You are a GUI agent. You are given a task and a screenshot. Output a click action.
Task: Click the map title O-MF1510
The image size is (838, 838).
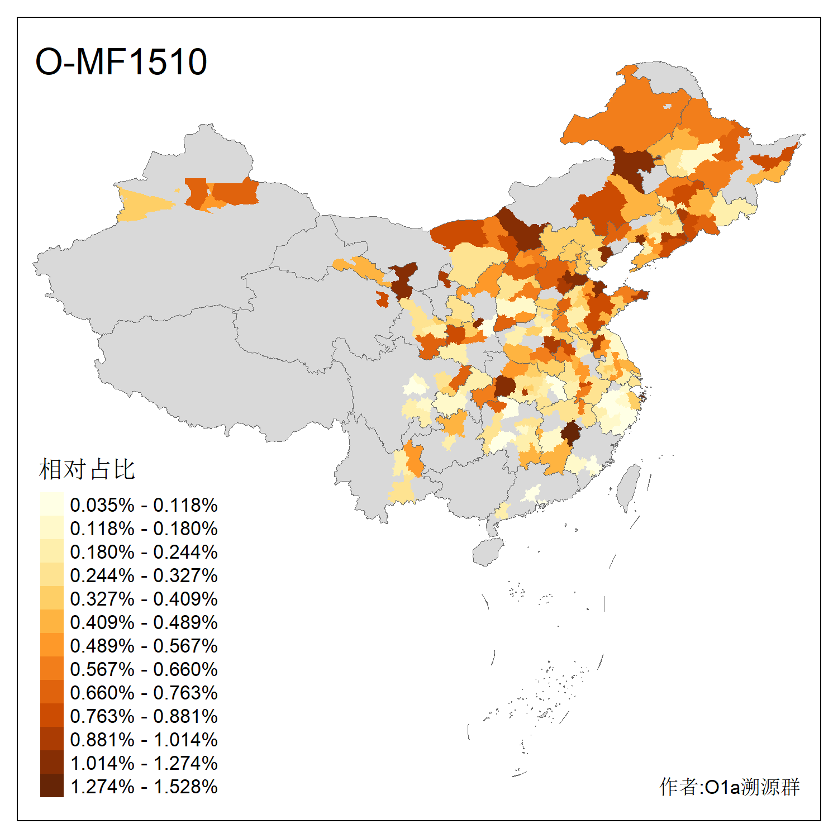pyautogui.click(x=121, y=61)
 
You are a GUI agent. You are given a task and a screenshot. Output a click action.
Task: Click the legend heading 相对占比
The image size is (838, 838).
pyautogui.click(x=87, y=469)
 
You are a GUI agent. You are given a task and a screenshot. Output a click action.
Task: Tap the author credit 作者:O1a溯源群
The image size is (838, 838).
pyautogui.click(x=730, y=787)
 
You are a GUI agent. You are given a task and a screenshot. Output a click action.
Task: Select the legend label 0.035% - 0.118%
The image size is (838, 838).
pyautogui.click(x=144, y=505)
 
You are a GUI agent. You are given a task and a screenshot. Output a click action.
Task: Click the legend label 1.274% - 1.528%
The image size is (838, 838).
pyautogui.click(x=144, y=787)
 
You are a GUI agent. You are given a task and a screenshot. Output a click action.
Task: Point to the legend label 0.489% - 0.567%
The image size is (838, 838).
pyautogui.click(x=144, y=646)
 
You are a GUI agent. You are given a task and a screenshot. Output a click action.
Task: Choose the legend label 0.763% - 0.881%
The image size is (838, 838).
pyautogui.click(x=144, y=716)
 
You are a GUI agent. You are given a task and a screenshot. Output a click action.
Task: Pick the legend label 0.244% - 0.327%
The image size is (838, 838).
pyautogui.click(x=144, y=575)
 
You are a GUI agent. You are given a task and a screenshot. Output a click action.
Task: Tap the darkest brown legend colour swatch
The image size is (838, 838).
pyautogui.click(x=51, y=785)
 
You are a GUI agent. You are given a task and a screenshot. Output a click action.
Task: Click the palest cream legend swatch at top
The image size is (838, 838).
pyautogui.click(x=51, y=504)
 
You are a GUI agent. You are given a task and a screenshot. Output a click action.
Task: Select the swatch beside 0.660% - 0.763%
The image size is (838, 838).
pyautogui.click(x=51, y=692)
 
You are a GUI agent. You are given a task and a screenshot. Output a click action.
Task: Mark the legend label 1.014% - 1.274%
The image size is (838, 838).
pyautogui.click(x=144, y=763)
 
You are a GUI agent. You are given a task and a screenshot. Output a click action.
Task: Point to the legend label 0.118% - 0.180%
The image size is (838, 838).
pyautogui.click(x=144, y=528)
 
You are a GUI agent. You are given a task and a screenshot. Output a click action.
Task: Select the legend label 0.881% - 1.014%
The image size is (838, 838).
pyautogui.click(x=144, y=740)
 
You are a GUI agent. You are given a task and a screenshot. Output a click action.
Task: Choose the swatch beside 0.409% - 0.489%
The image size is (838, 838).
pyautogui.click(x=51, y=621)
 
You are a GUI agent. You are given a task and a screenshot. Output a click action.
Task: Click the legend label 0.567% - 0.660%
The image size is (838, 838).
pyautogui.click(x=144, y=669)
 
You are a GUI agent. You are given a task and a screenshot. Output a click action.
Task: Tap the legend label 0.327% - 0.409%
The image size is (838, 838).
pyautogui.click(x=144, y=599)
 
